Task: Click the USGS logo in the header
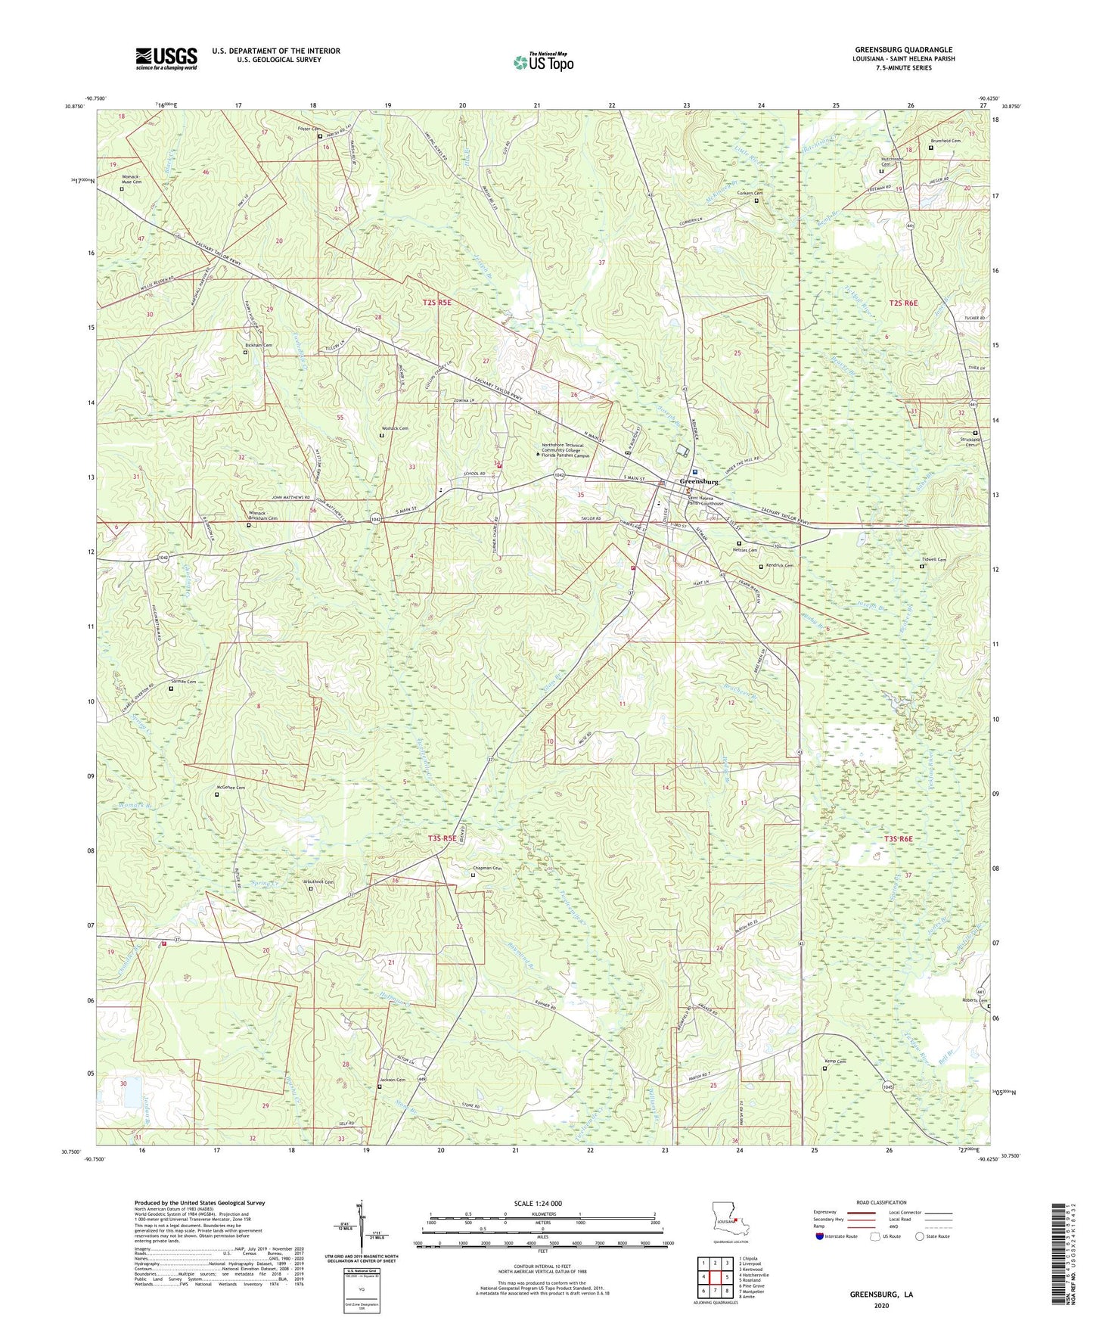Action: click(x=166, y=58)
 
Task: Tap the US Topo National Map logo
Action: click(x=542, y=61)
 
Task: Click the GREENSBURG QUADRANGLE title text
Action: click(x=893, y=50)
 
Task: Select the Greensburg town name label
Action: click(x=699, y=481)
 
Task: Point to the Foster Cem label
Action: click(x=304, y=129)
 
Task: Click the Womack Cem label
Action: click(x=394, y=429)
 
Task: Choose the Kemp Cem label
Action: click(x=834, y=1062)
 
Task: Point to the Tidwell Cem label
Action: click(x=933, y=561)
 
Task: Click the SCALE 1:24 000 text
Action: click(x=538, y=1204)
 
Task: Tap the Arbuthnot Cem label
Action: click(x=318, y=882)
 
